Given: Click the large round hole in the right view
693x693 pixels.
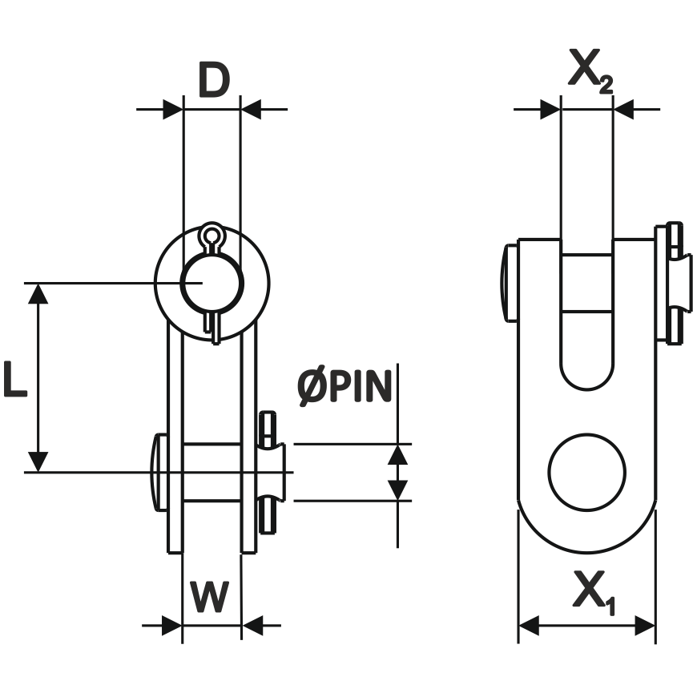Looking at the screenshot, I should point(586,473).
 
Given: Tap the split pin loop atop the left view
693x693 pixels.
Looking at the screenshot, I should point(212,236).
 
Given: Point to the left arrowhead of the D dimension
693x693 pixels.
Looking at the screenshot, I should point(172,108).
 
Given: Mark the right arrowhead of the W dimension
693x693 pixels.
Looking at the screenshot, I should point(252,625).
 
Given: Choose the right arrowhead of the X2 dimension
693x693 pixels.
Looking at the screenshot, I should point(623,108).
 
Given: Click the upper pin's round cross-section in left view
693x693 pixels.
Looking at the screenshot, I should point(212,283).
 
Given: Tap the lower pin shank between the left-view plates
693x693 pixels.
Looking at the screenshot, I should point(212,473).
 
